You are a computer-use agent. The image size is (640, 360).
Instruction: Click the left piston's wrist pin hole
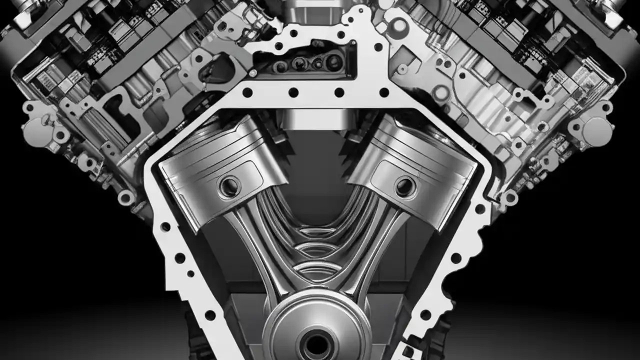(x=229, y=186)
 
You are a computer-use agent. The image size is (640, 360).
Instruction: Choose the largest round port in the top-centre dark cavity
(x=333, y=62)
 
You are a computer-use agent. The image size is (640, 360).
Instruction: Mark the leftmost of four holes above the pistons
(x=247, y=92)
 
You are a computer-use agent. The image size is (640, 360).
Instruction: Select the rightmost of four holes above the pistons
(x=384, y=92)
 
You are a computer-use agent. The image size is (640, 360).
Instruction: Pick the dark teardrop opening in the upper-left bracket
(x=212, y=70)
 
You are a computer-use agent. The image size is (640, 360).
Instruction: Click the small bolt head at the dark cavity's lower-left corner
(x=253, y=73)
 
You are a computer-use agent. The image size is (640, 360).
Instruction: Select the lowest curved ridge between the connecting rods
(x=317, y=270)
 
